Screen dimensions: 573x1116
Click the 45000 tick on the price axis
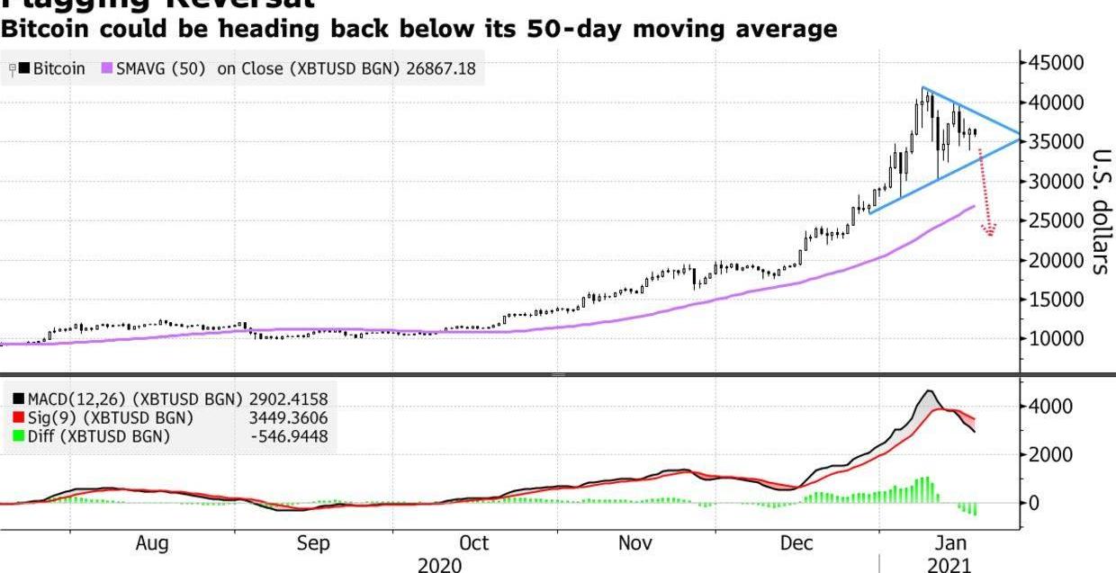1057,63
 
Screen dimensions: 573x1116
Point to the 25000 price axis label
1057,221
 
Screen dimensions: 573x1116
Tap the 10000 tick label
1057,340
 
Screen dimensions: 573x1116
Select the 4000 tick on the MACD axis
1052,407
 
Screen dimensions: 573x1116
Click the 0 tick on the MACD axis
1035,503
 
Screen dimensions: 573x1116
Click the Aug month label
151,543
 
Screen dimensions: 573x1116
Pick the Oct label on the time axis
473,543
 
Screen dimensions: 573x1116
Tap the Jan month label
951,543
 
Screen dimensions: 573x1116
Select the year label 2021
950,565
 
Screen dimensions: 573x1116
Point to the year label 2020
440,565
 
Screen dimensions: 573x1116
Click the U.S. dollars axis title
1100,210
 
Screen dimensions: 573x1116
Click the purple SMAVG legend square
107,68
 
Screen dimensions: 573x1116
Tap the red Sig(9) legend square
18,418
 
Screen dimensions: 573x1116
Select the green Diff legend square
18,437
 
